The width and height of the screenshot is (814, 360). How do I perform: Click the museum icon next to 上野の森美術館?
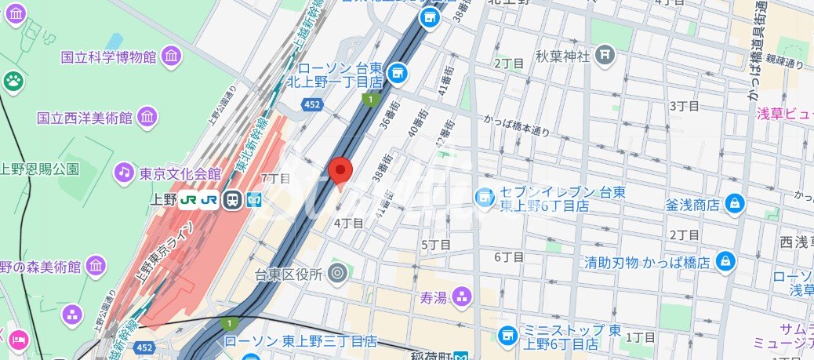coord(95,266)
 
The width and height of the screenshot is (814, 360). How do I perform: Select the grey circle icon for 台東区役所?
coord(338,273)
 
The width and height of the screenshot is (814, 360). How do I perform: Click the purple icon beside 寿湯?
coord(463,296)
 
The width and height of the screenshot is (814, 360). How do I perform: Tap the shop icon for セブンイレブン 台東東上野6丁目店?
coord(485,196)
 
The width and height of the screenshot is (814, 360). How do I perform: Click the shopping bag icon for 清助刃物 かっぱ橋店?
coord(726,260)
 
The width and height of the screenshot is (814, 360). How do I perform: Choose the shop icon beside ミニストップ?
coord(507,335)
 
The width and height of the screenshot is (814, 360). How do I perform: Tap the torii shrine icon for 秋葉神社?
coord(604,55)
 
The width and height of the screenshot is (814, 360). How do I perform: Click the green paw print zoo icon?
coord(13,80)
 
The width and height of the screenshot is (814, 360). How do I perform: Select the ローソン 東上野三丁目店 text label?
coord(300,342)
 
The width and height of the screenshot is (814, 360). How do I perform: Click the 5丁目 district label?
coord(436,245)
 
